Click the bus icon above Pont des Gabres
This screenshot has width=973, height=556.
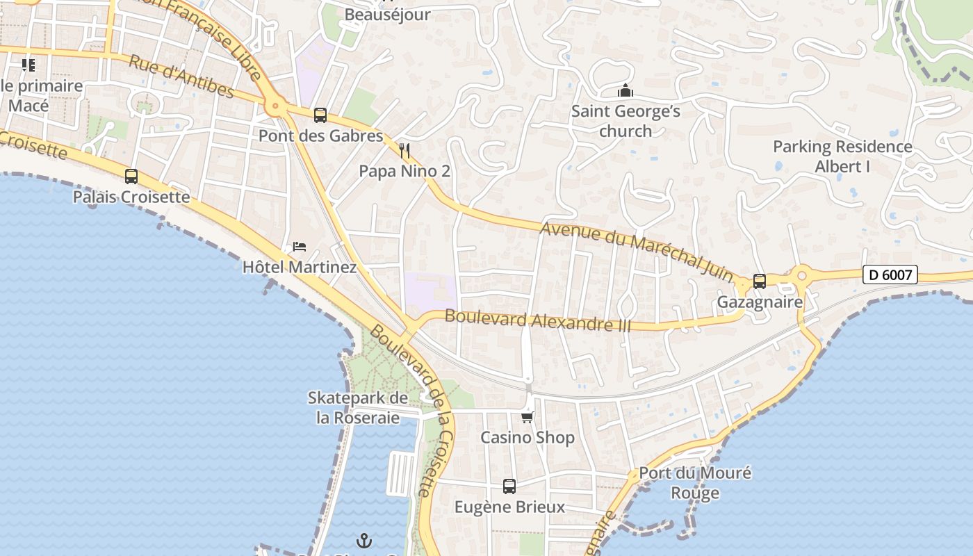tap(320, 115)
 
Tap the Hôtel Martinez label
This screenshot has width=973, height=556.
tap(300, 267)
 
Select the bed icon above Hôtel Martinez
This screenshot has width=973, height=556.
tap(300, 247)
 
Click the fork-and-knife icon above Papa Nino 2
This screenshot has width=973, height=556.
tap(404, 151)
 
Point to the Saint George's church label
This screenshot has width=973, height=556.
tap(625, 121)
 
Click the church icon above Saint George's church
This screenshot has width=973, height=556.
tap(625, 91)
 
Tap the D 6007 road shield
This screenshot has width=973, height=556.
tap(890, 275)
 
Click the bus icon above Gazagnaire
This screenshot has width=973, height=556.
tap(760, 281)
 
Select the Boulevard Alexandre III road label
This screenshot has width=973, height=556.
tap(537, 320)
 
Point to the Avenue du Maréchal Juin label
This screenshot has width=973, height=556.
tap(636, 250)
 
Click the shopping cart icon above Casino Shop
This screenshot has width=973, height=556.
tap(528, 417)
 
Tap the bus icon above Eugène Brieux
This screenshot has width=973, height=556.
tap(509, 486)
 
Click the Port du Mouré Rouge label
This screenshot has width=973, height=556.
tap(695, 483)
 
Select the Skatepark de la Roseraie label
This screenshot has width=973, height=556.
tap(358, 408)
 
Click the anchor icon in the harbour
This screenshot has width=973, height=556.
tap(364, 541)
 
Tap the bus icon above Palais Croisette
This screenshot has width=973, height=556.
tap(131, 177)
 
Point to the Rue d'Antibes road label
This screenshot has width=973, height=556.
tap(181, 77)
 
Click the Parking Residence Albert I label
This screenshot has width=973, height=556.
tap(842, 156)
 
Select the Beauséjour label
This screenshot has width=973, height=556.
tap(388, 15)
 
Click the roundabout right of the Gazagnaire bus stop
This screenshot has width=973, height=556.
tap(801, 276)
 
